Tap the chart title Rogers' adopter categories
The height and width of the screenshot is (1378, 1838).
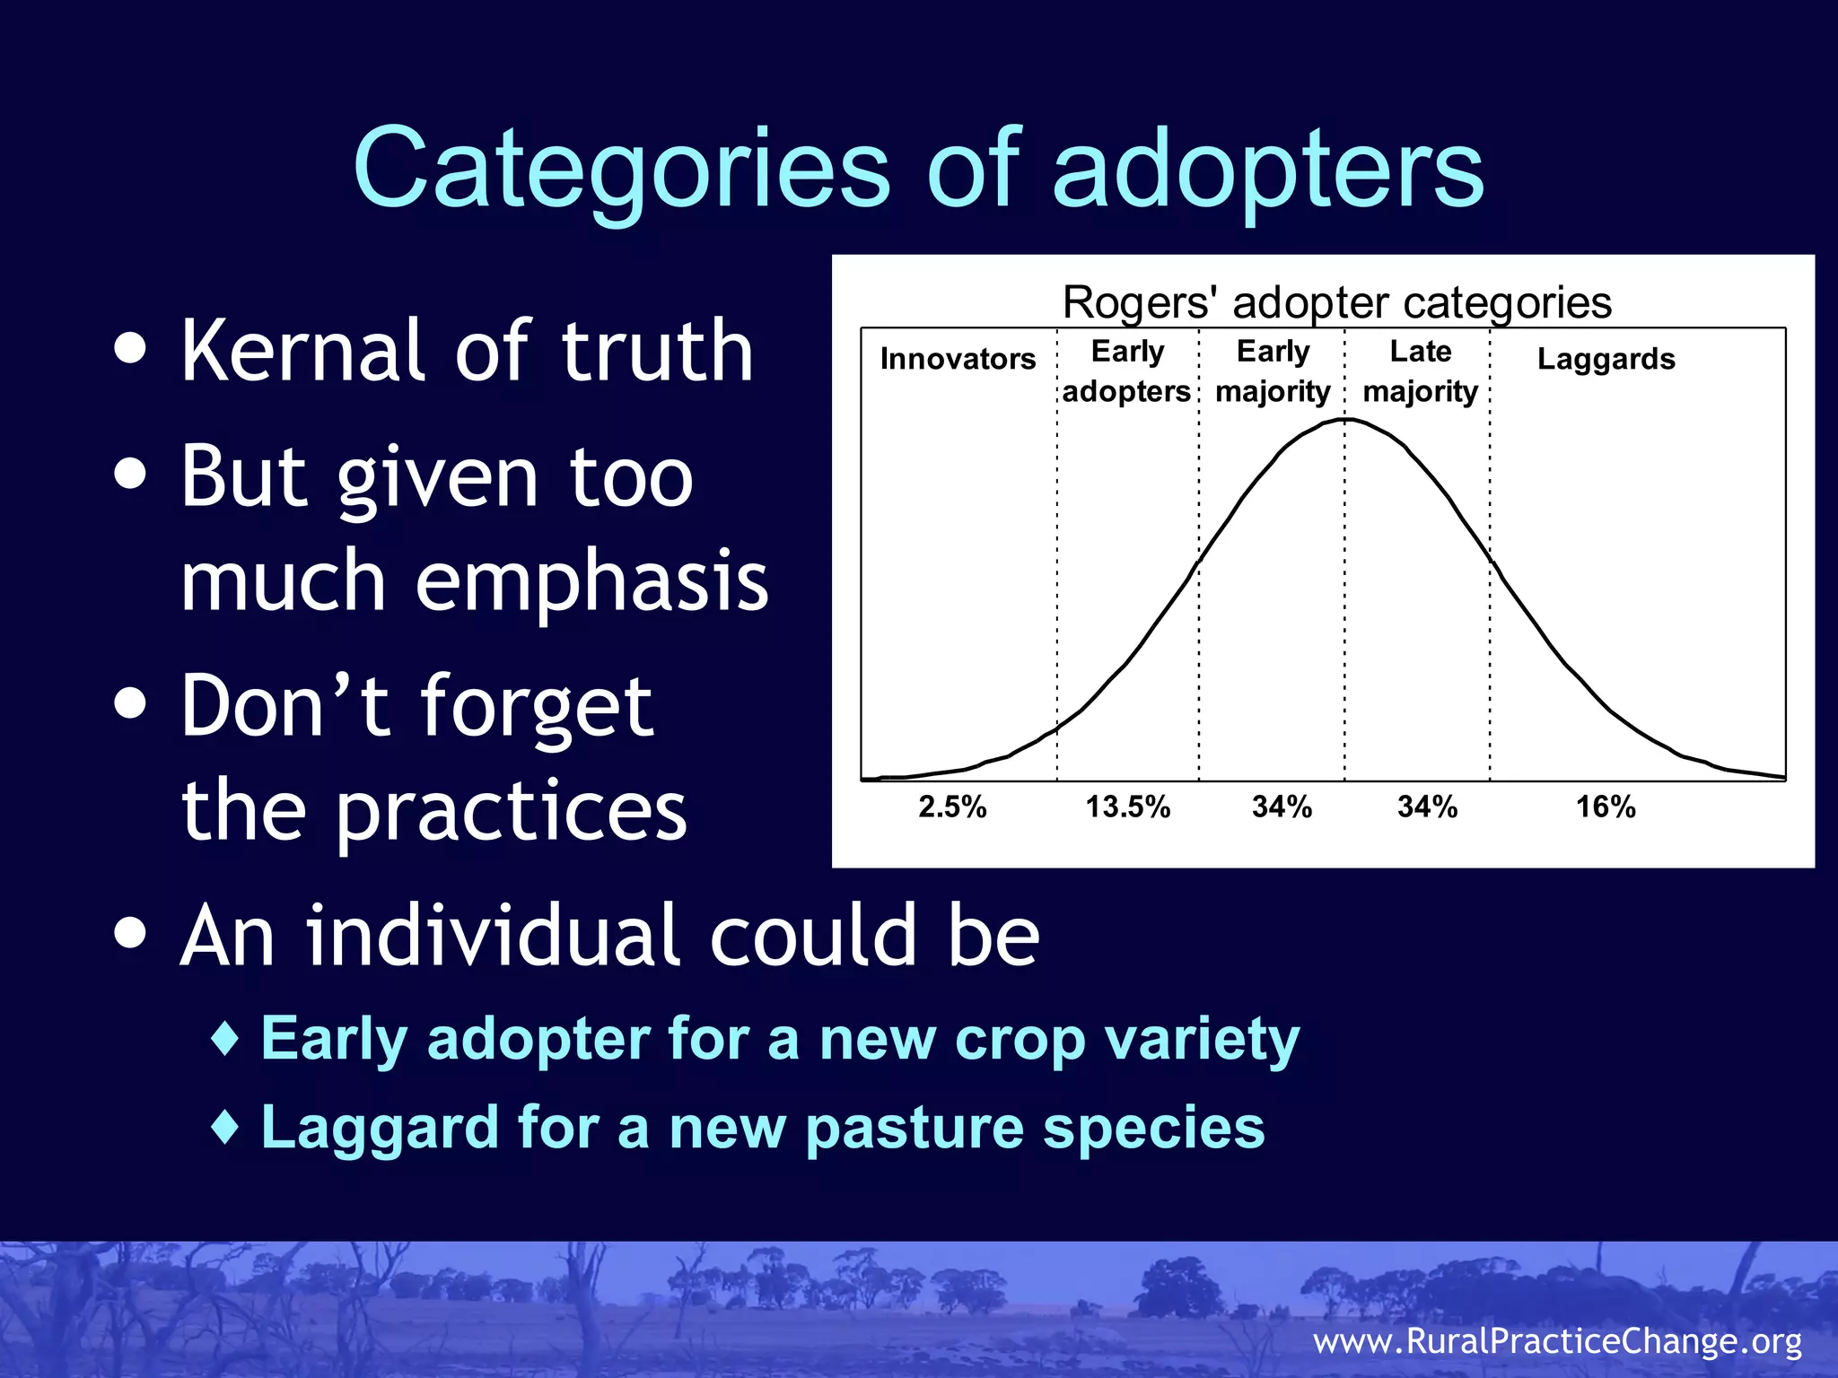click(1336, 302)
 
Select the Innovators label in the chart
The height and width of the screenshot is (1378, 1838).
click(958, 359)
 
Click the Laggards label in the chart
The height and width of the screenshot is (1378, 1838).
click(1606, 359)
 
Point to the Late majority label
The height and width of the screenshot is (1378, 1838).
click(1420, 371)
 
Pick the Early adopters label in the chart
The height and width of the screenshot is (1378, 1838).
click(1126, 371)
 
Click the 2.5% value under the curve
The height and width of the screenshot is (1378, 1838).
click(952, 807)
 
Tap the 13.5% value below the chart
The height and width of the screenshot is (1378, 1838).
click(1128, 807)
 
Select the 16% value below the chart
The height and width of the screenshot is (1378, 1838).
click(1606, 807)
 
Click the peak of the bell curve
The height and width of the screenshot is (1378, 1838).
click(1345, 419)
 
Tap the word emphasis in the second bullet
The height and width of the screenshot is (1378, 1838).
click(591, 580)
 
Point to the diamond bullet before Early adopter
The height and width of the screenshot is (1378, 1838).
click(225, 1039)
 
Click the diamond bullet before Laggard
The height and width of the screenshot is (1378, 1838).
click(225, 1127)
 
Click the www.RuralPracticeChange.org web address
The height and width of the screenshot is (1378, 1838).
click(1557, 1340)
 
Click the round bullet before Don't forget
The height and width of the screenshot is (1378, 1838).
click(131, 704)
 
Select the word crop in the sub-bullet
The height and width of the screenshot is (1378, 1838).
click(1020, 1041)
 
